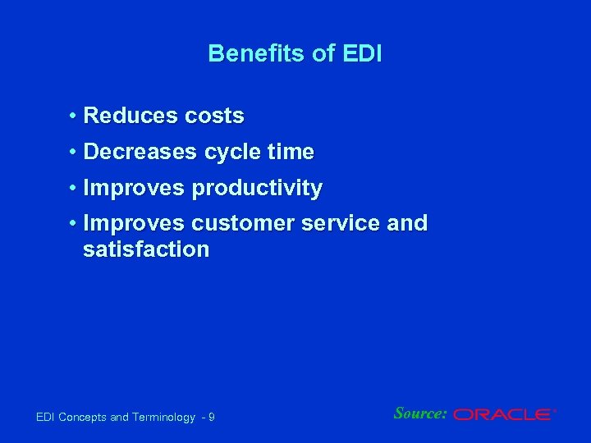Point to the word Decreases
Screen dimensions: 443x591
(140, 153)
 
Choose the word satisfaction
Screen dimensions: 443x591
(146, 249)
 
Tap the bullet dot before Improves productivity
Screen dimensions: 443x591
(73, 189)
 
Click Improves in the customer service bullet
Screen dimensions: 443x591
(135, 224)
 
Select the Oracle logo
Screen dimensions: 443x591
(504, 415)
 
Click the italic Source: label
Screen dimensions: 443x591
(420, 413)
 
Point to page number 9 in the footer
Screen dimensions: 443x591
(212, 418)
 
